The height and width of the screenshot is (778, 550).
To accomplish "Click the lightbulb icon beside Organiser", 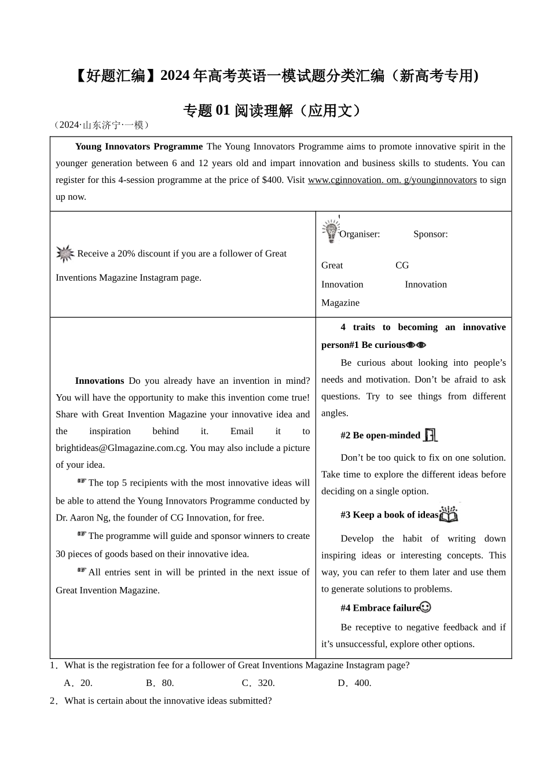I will (331, 231).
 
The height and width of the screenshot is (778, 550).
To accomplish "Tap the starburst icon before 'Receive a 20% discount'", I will (65, 254).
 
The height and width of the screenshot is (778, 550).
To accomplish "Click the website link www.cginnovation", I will (392, 180).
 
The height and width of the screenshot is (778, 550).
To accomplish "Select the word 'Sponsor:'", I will (430, 234).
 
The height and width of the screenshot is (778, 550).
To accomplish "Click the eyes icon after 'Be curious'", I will (416, 345).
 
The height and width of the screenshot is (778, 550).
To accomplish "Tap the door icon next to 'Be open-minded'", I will (430, 435).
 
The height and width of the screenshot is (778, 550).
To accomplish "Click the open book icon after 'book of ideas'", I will (449, 514).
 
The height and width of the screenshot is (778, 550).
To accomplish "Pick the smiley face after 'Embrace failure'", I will (426, 607).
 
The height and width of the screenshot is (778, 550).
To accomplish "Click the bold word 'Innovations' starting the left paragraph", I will (100, 381).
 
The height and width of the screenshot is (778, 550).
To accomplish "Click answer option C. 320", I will (258, 683).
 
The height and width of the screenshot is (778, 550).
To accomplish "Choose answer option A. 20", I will (79, 683).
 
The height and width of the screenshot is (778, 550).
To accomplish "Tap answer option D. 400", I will (354, 683).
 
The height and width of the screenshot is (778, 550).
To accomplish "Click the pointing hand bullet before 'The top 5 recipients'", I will (82, 481).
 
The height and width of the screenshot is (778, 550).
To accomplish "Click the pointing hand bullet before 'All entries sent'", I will (82, 570).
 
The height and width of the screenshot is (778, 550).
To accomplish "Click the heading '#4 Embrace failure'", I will (380, 608).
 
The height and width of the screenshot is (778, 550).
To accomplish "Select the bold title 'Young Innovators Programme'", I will (139, 146).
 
